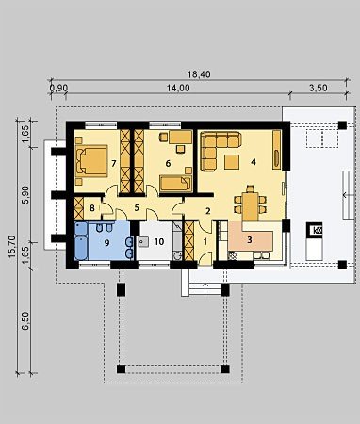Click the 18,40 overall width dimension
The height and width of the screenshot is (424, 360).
(199, 74)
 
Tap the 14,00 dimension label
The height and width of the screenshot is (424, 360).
(178, 88)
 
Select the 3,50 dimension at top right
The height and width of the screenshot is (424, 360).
(319, 88)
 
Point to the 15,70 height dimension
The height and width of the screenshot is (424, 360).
(12, 247)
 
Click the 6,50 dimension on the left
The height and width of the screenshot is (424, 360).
(25, 320)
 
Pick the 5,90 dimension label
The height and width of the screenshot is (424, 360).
(25, 195)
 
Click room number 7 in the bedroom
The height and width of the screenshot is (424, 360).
(114, 163)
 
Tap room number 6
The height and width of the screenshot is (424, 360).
(168, 163)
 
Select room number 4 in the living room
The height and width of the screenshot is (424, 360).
(254, 162)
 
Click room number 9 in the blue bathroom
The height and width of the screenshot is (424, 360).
(106, 243)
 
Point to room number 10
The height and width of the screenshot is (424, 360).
(159, 242)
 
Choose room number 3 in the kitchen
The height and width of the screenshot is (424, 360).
(250, 240)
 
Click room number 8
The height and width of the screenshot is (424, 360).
(92, 208)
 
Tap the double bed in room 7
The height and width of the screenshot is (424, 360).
(91, 160)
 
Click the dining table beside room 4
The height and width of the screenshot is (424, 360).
(251, 205)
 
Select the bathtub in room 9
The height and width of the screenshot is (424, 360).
(82, 241)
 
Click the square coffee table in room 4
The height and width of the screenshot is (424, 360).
(232, 162)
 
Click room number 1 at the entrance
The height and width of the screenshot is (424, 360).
(205, 242)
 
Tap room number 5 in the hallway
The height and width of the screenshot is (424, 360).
(137, 208)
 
